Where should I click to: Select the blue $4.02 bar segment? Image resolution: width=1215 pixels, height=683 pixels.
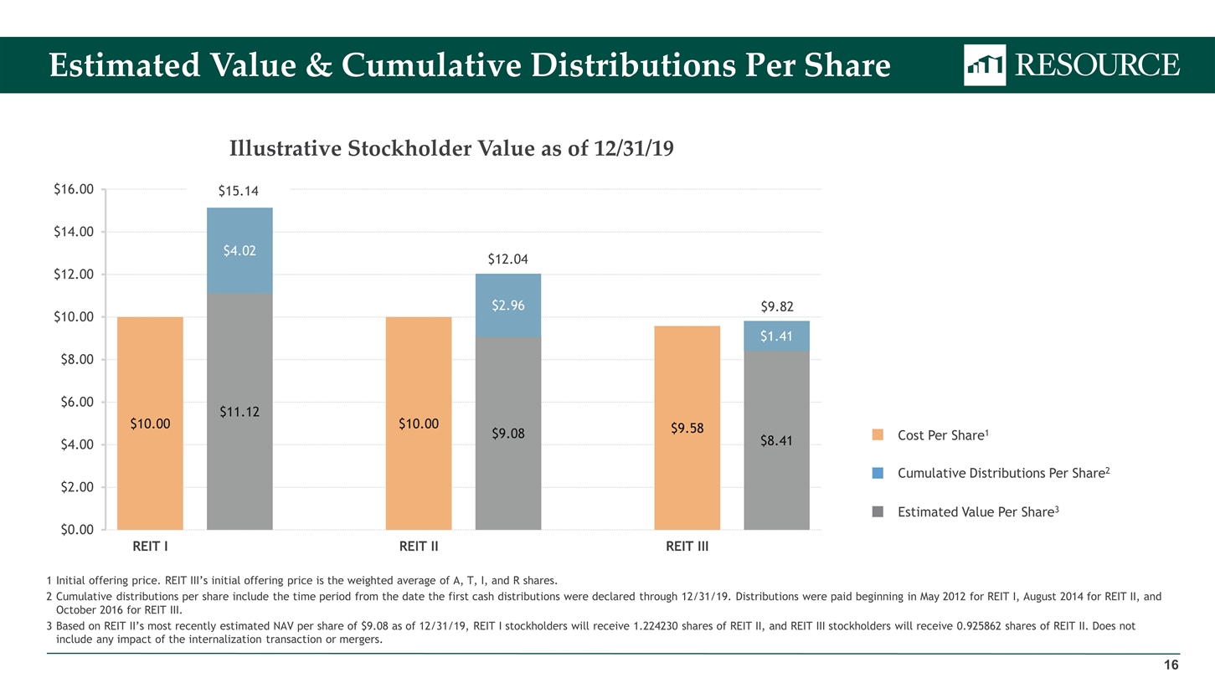coord(239,250)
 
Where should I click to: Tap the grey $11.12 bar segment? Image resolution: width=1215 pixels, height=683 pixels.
coord(239,411)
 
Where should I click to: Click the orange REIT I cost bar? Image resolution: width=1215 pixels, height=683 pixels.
coord(151,424)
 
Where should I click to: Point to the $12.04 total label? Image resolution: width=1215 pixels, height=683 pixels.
coord(507,259)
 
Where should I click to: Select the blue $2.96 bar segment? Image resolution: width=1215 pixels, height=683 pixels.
coord(508,306)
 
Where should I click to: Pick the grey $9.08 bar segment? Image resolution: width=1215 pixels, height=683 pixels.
coord(508,434)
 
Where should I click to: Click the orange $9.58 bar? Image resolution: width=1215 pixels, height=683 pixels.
coord(687,428)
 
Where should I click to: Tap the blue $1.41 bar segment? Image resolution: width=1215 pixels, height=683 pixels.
coord(776,336)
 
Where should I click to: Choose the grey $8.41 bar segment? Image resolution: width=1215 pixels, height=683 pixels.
coord(776,440)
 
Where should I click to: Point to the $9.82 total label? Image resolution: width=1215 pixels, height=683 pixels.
coord(776,306)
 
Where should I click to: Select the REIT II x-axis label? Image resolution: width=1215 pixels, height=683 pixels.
coord(419,548)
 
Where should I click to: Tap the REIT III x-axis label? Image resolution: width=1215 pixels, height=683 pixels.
coord(687,548)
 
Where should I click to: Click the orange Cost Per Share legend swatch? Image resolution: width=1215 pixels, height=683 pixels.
coord(878,435)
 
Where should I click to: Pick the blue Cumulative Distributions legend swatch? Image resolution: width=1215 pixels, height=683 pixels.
coord(878,473)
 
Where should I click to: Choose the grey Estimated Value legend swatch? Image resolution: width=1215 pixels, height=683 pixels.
coord(878,511)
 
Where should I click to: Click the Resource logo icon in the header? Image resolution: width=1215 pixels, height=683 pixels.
coord(985,65)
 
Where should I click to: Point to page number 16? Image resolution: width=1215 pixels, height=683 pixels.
coord(1171,665)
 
